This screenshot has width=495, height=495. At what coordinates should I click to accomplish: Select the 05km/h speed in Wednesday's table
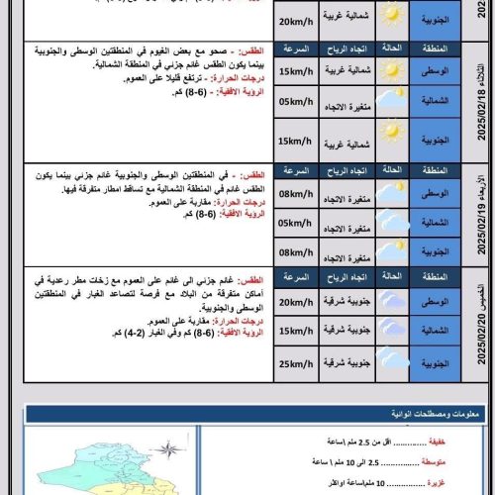pos(297,224)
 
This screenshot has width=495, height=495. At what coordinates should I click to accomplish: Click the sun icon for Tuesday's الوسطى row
pos(392,71)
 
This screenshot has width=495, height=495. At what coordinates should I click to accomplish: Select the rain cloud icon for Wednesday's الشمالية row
pos(392,224)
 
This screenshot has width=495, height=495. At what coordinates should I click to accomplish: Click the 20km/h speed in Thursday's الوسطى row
pos(297,302)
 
